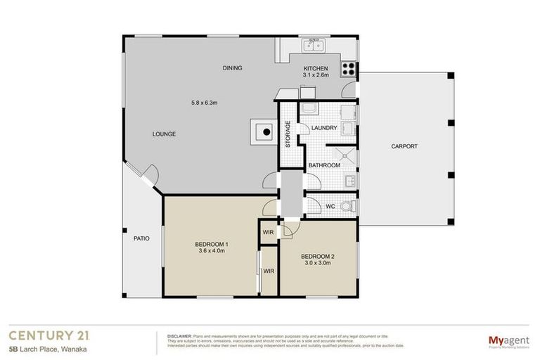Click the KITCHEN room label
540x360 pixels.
[316, 68]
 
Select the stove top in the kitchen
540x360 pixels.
[348, 69]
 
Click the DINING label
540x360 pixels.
[232, 68]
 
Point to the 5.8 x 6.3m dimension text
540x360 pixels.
[205, 103]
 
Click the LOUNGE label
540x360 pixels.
[164, 134]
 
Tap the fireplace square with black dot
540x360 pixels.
[265, 130]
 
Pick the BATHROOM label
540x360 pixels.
[324, 165]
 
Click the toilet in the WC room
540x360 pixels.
[347, 206]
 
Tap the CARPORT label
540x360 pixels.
[404, 146]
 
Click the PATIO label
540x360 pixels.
[141, 238]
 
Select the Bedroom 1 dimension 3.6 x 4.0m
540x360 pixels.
[212, 250]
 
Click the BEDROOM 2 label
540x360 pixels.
[317, 257]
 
